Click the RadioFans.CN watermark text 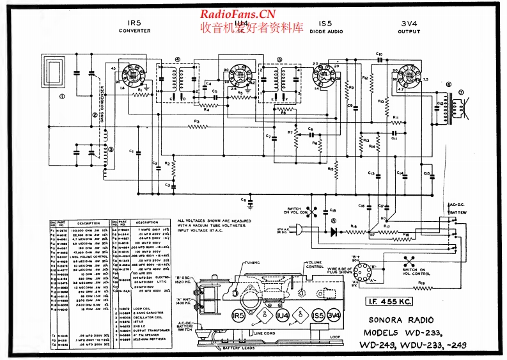(x=238, y=14)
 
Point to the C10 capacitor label (x=378, y=54)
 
